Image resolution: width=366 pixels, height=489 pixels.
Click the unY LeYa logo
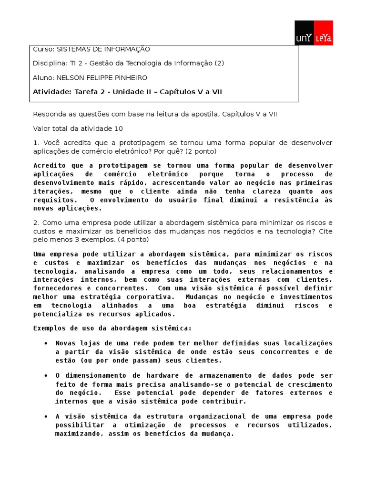point(314,33)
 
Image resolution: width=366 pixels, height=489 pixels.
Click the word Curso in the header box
point(41,49)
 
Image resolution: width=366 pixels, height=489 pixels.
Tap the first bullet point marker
point(45,343)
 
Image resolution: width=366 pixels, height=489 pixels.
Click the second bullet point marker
point(45,376)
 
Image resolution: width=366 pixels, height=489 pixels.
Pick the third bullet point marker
point(45,417)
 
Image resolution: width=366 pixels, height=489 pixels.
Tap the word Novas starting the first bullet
point(65,343)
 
